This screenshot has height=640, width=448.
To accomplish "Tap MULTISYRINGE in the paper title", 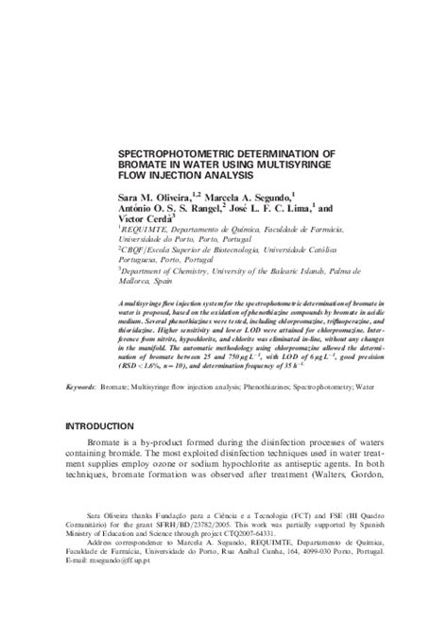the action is coord(284,163).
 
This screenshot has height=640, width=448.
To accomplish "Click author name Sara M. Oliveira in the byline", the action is coord(150,195).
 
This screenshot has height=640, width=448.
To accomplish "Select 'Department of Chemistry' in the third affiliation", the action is coord(164,272).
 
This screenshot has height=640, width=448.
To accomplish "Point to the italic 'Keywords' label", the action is coord(81,387).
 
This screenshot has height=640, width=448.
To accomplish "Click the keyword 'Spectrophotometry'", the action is coord(341,387).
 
